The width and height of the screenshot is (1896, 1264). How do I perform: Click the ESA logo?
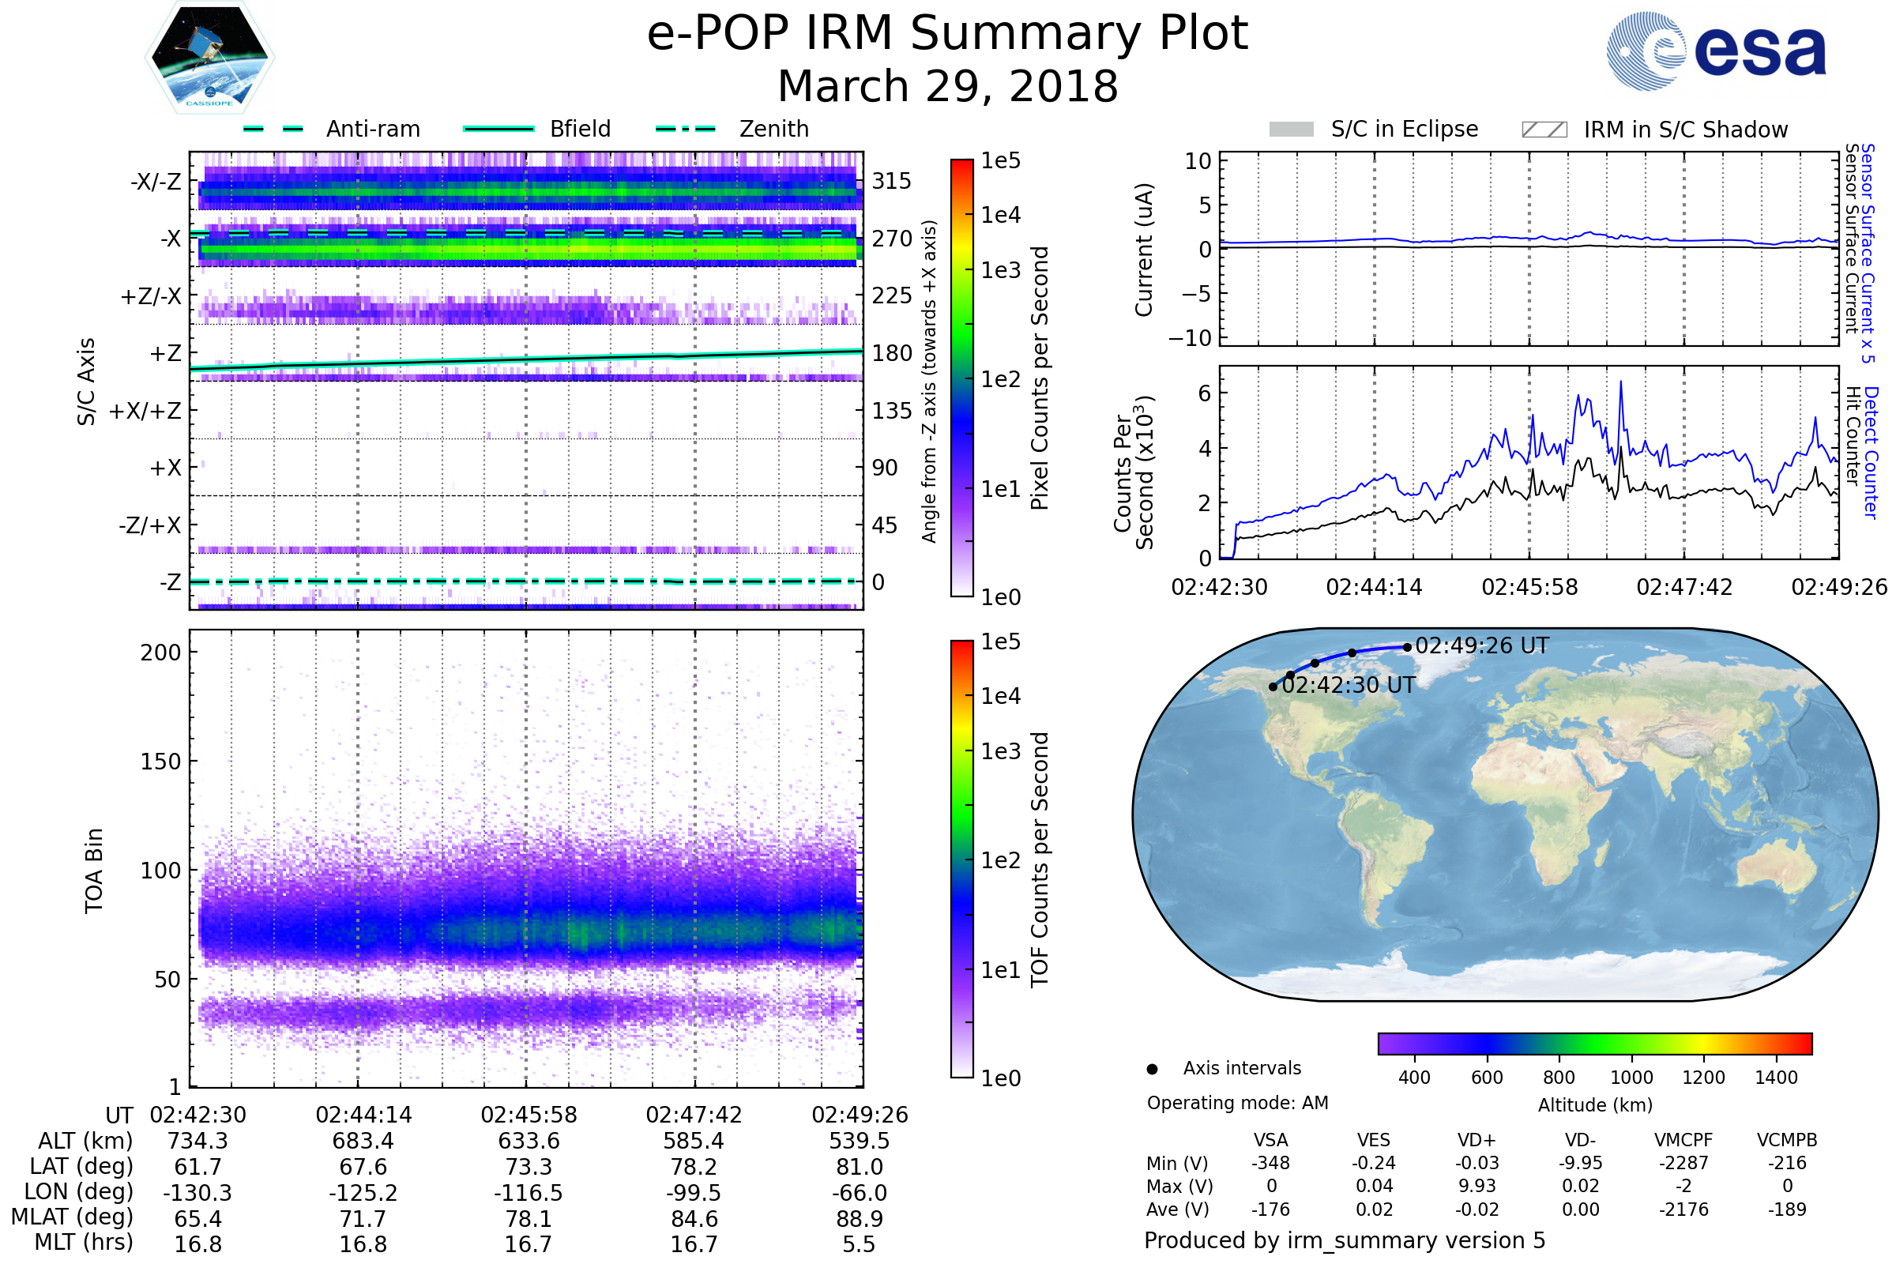tap(1716, 50)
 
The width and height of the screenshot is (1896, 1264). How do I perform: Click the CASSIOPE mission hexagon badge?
tap(209, 57)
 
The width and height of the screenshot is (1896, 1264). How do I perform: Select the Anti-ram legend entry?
tap(331, 129)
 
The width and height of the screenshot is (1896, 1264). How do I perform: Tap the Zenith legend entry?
tap(732, 129)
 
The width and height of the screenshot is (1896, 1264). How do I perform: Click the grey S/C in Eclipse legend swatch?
tap(1291, 130)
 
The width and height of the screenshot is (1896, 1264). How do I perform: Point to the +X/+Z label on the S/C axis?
tap(145, 411)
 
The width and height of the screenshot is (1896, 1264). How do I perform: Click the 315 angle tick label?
tap(892, 181)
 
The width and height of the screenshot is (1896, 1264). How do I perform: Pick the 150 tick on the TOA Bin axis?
tap(160, 762)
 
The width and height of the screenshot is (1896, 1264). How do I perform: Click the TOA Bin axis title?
tap(94, 871)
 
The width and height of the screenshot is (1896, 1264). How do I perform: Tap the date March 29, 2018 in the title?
tap(948, 86)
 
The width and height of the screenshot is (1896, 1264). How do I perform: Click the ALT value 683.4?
tap(363, 1142)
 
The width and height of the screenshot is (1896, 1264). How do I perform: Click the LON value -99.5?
tap(694, 1193)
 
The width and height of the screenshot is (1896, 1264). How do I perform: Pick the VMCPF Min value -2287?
tap(1684, 1163)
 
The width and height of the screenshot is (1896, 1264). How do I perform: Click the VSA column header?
tap(1270, 1141)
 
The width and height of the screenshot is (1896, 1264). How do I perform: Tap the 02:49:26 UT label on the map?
tap(1482, 645)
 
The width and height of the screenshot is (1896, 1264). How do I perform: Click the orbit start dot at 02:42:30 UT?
tap(1273, 687)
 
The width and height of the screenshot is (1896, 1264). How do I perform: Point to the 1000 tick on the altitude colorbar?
tap(1631, 1078)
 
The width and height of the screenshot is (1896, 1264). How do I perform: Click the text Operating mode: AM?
tap(1237, 1104)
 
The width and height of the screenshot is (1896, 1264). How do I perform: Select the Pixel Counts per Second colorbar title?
tap(1040, 378)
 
